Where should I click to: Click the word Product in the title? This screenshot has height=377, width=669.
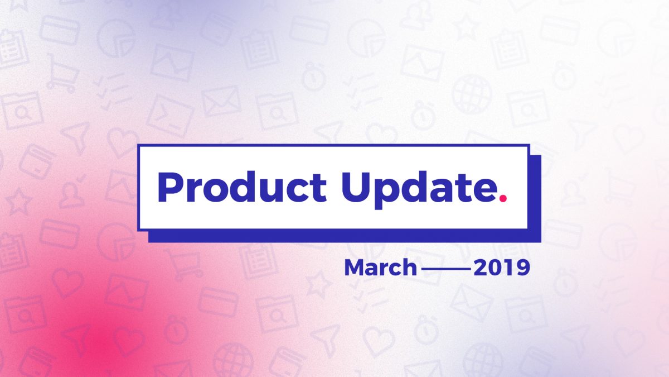(242, 187)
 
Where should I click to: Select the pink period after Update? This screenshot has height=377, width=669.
(503, 199)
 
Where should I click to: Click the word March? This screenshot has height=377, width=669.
(380, 268)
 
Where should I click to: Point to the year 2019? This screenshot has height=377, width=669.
(502, 268)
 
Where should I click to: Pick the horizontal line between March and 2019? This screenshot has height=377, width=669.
(445, 269)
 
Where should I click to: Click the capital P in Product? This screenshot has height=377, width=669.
(169, 187)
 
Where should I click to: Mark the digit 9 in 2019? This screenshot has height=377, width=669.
(523, 268)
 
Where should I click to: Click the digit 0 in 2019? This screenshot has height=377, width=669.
(496, 268)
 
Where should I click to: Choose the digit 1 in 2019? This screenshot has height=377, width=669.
(509, 268)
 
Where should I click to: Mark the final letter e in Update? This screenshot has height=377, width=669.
(484, 191)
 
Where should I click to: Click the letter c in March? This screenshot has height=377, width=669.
(394, 270)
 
